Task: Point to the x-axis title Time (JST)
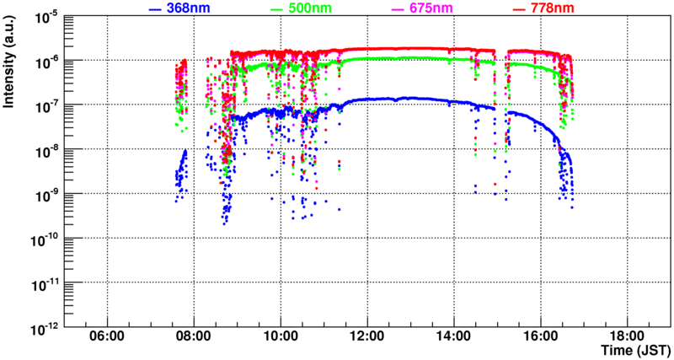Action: pyautogui.click(x=637, y=349)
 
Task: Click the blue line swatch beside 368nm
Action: pyautogui.click(x=154, y=8)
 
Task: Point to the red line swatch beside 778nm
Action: pyautogui.click(x=518, y=8)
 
